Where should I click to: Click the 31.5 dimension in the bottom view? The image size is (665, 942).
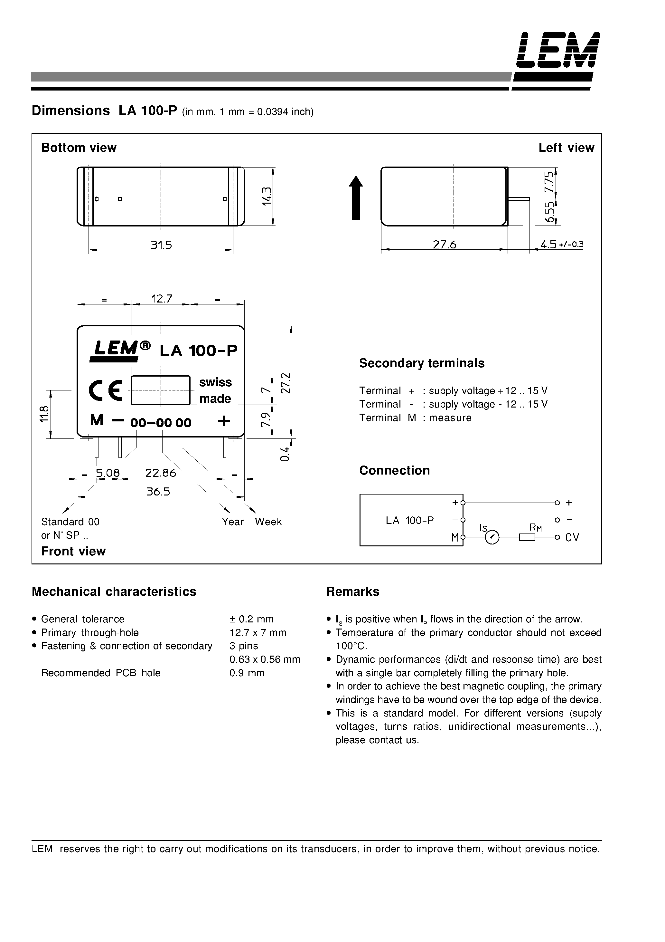pos(161,245)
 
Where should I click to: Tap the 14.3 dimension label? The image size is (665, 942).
pos(267,196)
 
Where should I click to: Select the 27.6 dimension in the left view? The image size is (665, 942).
pos(445,245)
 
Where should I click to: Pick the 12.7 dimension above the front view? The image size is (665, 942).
pos(162,299)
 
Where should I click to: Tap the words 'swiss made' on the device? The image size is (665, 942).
pos(215,390)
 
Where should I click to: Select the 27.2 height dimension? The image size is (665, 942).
pos(286,383)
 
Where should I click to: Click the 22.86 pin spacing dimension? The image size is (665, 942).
pos(161,473)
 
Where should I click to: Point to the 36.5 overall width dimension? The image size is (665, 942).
pos(158,492)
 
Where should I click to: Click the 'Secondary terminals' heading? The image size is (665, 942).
pos(421,363)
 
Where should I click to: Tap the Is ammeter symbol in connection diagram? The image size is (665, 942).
pos(492,537)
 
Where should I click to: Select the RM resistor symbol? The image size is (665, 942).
pos(527,537)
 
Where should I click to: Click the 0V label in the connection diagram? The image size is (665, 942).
pos(572,537)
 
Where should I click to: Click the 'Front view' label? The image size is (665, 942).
pos(73,551)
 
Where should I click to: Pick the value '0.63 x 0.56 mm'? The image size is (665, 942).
pos(265,659)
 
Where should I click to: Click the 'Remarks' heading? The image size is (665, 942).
pos(352,591)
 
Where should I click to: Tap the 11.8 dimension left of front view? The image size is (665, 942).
pos(45,414)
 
